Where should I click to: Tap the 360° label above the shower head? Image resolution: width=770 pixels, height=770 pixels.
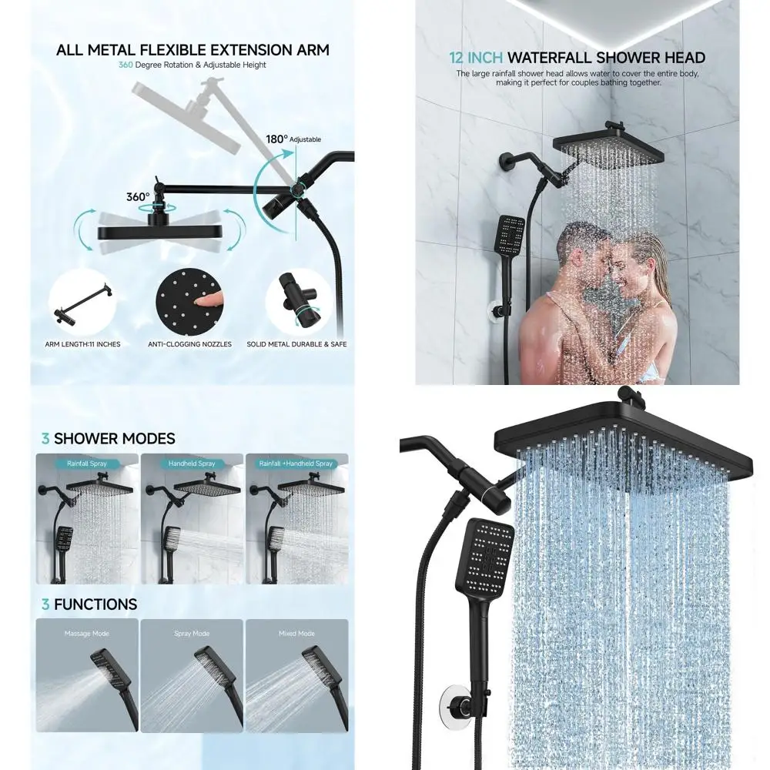point(138,197)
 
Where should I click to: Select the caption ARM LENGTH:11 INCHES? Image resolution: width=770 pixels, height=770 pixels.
point(82,344)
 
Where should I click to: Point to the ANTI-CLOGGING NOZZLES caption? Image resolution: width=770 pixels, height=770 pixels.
point(189,344)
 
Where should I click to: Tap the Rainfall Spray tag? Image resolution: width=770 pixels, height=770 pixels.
point(87,464)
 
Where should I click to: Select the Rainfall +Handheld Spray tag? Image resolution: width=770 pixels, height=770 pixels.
point(296,464)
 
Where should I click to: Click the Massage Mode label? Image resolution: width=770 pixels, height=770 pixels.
point(87,634)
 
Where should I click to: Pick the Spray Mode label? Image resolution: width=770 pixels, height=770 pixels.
point(192,634)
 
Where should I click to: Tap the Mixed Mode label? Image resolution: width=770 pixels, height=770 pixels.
point(296,634)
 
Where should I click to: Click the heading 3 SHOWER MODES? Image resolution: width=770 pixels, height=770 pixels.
point(109,439)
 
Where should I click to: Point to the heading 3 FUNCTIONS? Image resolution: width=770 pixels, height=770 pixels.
point(89,605)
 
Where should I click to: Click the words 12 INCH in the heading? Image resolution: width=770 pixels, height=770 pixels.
point(476,58)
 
